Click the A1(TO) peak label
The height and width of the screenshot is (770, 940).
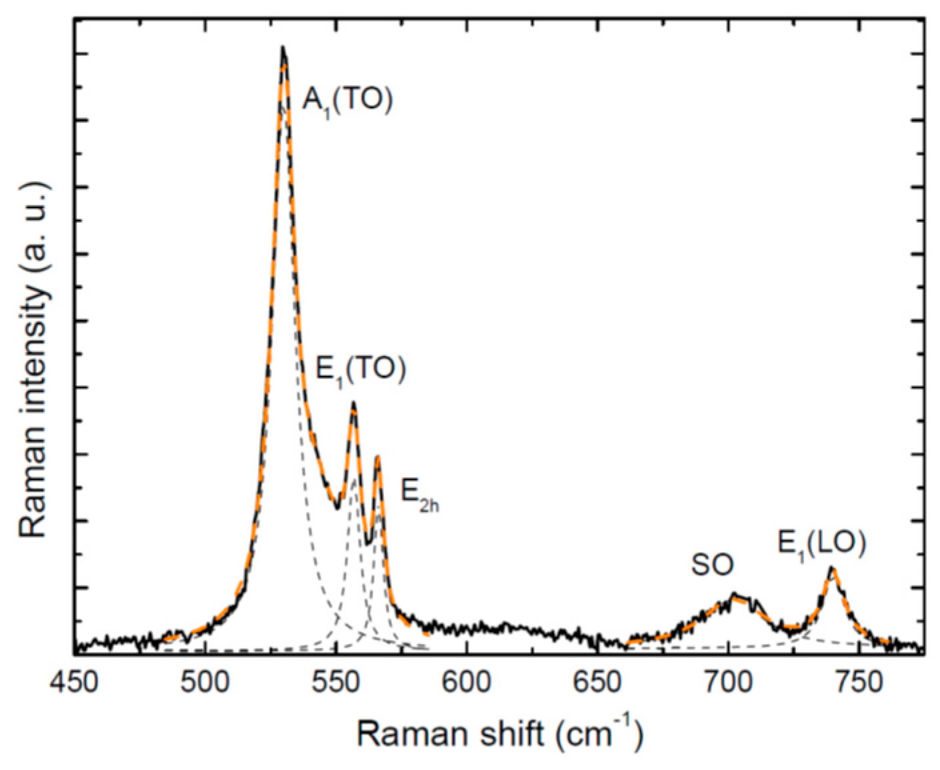tap(347, 101)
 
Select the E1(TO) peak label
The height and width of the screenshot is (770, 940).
tap(361, 369)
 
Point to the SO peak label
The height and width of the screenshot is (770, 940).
tap(712, 565)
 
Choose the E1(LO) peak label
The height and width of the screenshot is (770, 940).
tap(821, 544)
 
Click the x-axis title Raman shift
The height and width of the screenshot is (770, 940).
tap(499, 733)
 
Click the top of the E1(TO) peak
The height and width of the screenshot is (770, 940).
tap(353, 402)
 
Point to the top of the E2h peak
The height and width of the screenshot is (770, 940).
tap(377, 457)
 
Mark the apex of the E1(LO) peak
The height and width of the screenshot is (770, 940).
tap(831, 567)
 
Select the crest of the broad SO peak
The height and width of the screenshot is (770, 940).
tap(734, 593)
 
